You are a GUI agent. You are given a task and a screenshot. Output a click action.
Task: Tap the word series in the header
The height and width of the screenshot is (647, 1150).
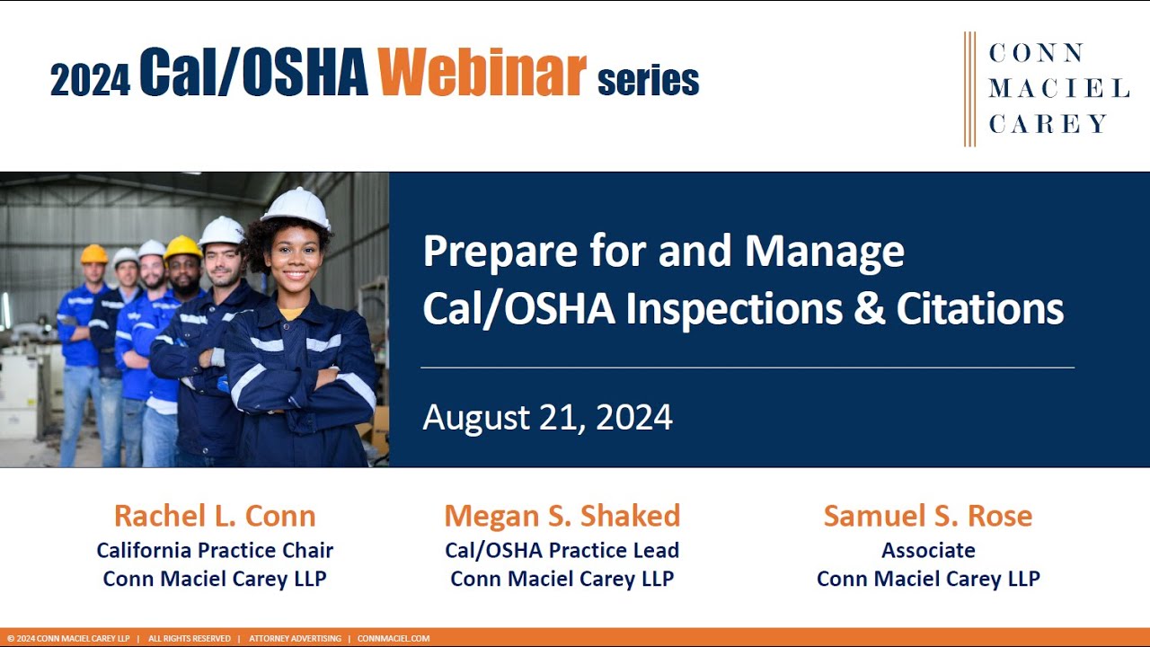point(648,81)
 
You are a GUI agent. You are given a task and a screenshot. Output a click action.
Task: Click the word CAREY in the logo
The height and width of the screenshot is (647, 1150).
point(1048,124)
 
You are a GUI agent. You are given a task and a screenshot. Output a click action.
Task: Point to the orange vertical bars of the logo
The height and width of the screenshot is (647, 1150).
point(969,89)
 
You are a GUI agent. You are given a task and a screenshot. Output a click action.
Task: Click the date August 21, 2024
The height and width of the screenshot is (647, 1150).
point(547,418)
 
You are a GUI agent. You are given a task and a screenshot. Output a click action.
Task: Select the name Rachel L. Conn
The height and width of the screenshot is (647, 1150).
point(215,516)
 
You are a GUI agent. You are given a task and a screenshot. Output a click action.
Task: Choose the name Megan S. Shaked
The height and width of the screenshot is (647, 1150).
point(562,516)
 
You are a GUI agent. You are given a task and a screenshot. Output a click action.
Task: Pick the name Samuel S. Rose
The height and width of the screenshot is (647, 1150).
point(928,516)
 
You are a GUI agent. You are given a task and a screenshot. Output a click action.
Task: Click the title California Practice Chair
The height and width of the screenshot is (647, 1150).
point(215,550)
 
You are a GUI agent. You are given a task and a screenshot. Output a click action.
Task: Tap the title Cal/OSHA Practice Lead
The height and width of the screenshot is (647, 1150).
point(562,550)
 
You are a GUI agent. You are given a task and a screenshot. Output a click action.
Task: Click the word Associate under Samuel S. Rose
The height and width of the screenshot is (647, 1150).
point(928,550)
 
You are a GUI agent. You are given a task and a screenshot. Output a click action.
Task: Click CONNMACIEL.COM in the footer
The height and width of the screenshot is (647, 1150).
point(394,639)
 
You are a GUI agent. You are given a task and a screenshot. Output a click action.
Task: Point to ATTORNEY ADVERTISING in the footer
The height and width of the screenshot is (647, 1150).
point(295,639)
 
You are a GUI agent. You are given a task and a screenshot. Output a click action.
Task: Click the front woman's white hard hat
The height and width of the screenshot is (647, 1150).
point(296,208)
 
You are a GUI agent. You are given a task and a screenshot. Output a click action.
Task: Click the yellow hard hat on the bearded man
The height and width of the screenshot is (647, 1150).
point(182,247)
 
